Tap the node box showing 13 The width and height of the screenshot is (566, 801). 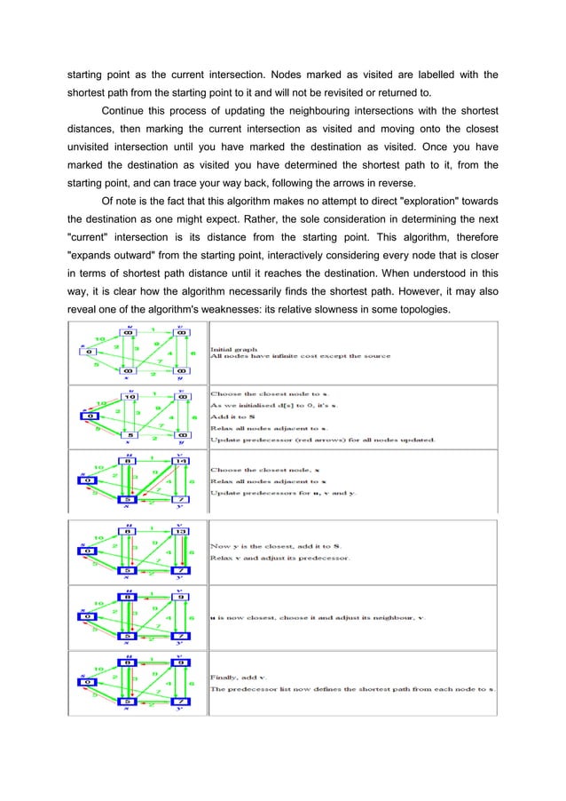pyautogui.click(x=181, y=531)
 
